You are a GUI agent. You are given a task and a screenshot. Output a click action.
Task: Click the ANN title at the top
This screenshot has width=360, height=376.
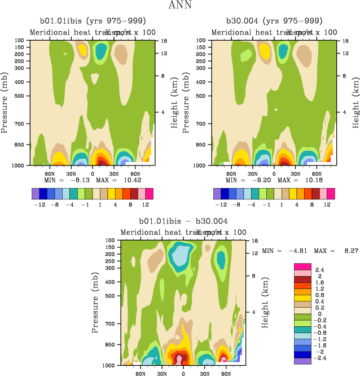[x=180, y=6]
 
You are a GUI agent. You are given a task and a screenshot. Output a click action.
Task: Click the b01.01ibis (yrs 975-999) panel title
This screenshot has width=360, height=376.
[x=90, y=22]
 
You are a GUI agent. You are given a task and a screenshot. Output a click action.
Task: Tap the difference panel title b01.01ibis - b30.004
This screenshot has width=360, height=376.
[x=183, y=221]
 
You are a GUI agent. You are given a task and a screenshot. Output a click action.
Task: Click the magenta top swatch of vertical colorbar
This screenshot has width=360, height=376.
[x=302, y=266]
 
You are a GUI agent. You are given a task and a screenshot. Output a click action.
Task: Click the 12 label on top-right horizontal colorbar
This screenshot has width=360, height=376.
[x=327, y=204]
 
